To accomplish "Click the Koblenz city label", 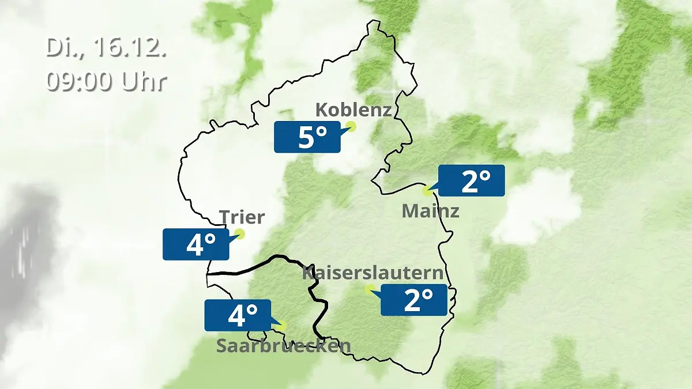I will pyautogui.click(x=353, y=109).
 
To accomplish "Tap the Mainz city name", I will pyautogui.click(x=430, y=211).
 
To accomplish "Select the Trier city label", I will pyautogui.click(x=242, y=217).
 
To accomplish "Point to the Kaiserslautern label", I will pyautogui.click(x=373, y=273).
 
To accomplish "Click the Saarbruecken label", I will pyautogui.click(x=283, y=346).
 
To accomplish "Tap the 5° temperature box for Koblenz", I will pyautogui.click(x=307, y=137).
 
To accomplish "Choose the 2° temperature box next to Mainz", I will pyautogui.click(x=472, y=180).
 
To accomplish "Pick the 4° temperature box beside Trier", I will pyautogui.click(x=195, y=244).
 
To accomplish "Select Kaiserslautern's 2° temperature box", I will pyautogui.click(x=414, y=300).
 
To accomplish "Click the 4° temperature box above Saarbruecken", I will pyautogui.click(x=238, y=315).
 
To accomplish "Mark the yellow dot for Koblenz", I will pyautogui.click(x=351, y=126).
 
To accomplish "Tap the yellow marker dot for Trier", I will pyautogui.click(x=239, y=233).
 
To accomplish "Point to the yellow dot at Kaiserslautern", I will pyautogui.click(x=370, y=289).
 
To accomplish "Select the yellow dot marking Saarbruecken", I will pyautogui.click(x=281, y=326).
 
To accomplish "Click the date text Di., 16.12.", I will pyautogui.click(x=106, y=48).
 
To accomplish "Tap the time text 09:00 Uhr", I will pyautogui.click(x=106, y=81).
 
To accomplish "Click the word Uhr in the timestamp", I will pyautogui.click(x=144, y=81).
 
